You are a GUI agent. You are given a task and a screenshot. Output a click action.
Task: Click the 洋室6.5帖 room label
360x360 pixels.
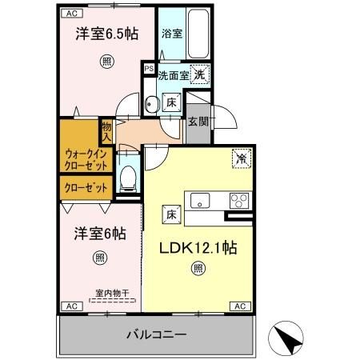(x=105, y=35)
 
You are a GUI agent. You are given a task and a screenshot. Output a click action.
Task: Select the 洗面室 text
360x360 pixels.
(x=172, y=75)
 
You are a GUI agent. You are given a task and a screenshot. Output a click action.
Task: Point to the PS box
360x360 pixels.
(x=149, y=69)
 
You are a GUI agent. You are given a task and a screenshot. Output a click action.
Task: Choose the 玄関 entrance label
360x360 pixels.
(x=198, y=121)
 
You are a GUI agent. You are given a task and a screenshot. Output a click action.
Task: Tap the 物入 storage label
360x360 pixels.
(x=106, y=130)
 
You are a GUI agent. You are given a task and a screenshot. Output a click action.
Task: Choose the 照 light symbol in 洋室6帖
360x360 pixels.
(x=99, y=257)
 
